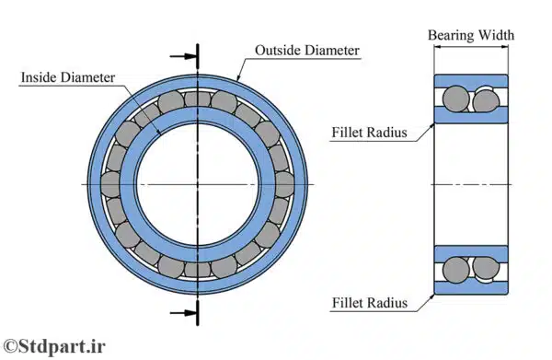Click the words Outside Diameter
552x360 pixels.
pos(306,50)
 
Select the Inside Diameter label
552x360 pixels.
pos(68,77)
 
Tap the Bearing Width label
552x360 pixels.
pos(471,35)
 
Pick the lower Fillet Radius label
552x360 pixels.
pos(367,300)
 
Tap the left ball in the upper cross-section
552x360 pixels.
pos(454,98)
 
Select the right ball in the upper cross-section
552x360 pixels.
pos(486,98)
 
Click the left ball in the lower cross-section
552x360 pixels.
pos(454,269)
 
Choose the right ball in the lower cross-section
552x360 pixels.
pos(486,269)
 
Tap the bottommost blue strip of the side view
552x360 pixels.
pos(470,287)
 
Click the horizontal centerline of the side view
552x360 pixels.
pos(470,184)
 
